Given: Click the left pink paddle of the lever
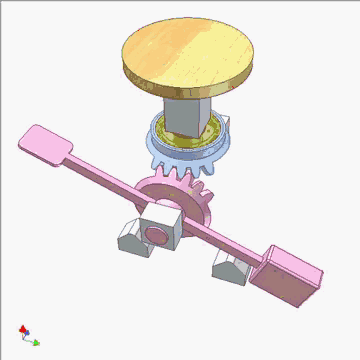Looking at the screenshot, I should [x=44, y=144].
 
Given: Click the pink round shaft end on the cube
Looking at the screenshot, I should [x=156, y=237].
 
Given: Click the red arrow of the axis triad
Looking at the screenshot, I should [x=21, y=327].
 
